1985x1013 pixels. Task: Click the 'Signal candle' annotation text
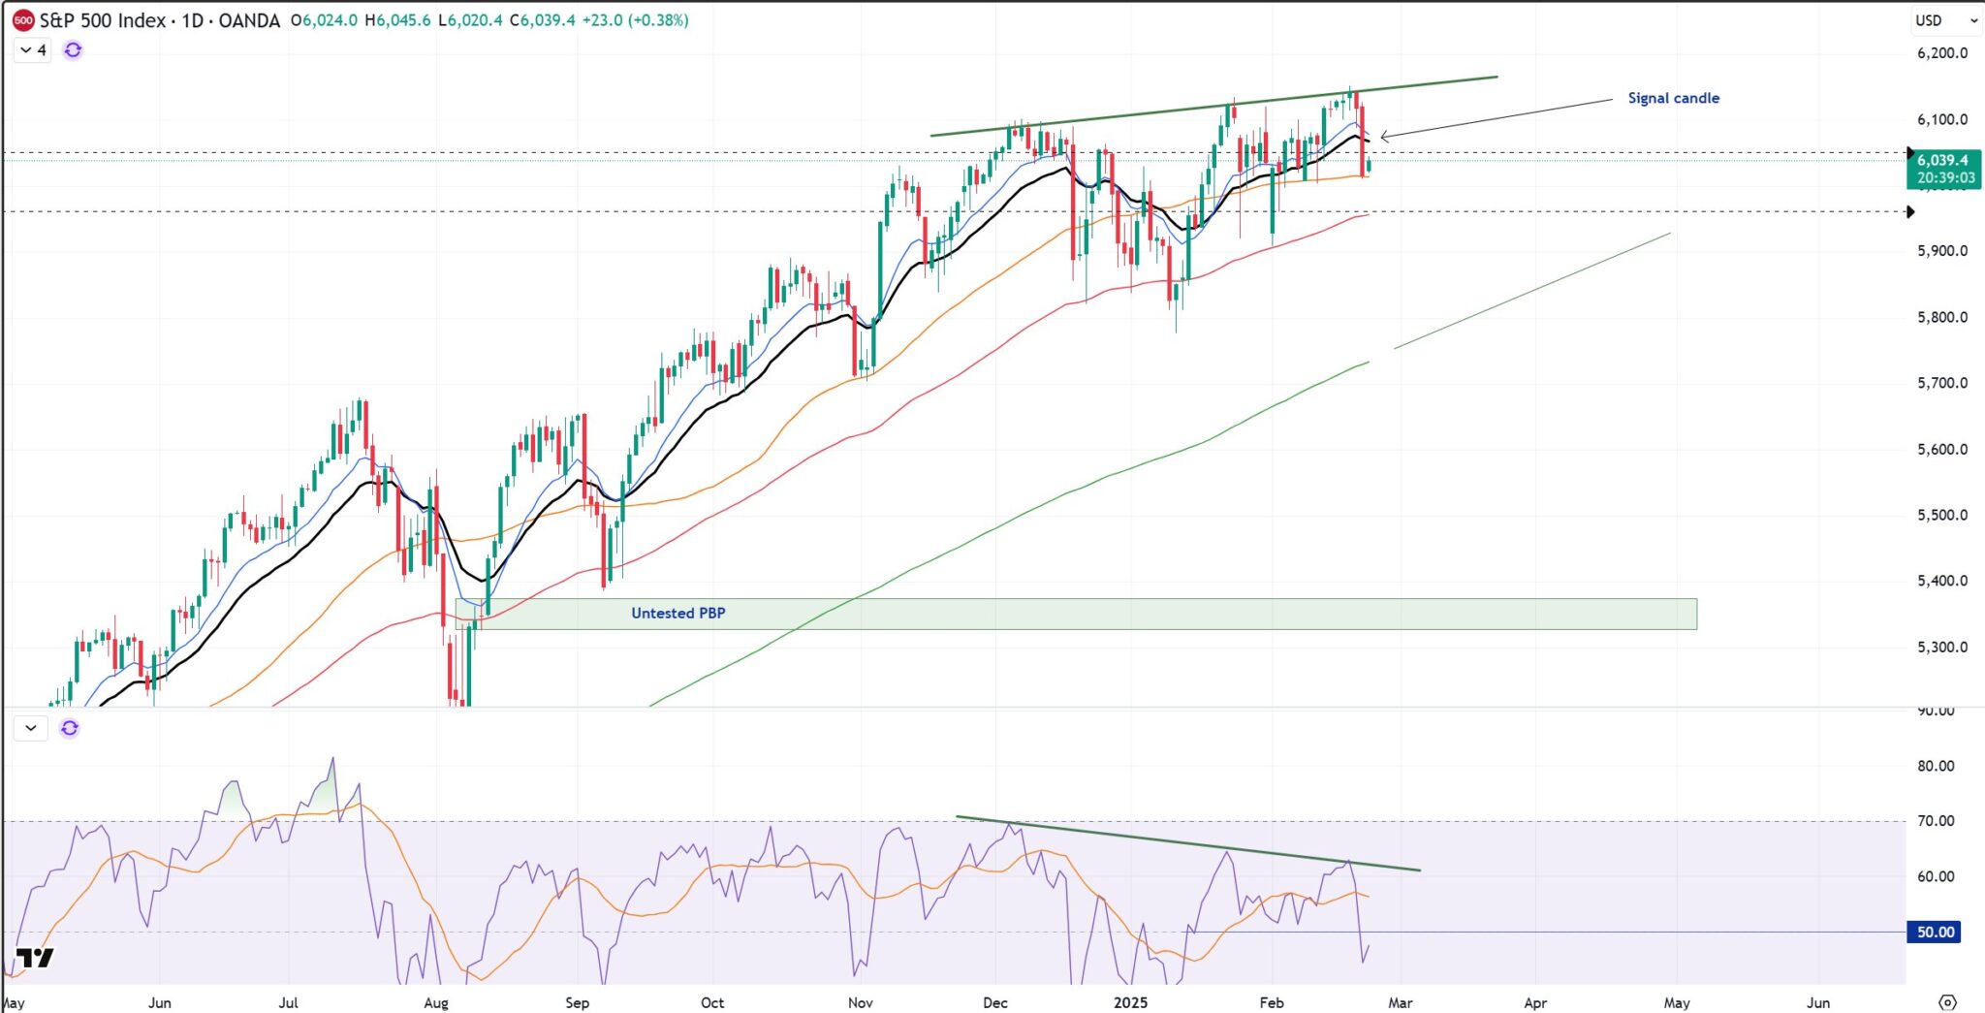coord(1673,98)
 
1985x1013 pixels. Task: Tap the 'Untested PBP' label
coord(677,613)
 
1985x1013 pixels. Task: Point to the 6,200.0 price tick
coord(1941,52)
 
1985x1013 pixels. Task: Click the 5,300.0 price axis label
coord(1941,647)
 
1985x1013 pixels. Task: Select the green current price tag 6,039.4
coord(1943,169)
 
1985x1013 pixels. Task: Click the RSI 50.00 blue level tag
coord(1934,932)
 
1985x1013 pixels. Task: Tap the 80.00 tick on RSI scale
coord(1935,766)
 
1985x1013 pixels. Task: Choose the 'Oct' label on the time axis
coord(712,1002)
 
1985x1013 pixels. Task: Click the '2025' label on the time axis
coord(1130,1002)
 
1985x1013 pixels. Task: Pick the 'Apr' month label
coord(1535,1002)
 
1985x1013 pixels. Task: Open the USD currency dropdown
coord(1945,20)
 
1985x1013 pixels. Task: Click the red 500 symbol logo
coord(22,20)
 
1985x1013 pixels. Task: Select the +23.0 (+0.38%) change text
coord(635,20)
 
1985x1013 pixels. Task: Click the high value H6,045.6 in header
coord(397,20)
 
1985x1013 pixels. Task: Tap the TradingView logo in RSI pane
coord(35,958)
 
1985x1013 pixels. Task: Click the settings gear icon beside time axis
coord(1947,1002)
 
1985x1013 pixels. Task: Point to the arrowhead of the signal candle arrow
coord(1382,137)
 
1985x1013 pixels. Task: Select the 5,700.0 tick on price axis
coord(1941,383)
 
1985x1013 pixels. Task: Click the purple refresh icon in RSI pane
coord(70,728)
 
